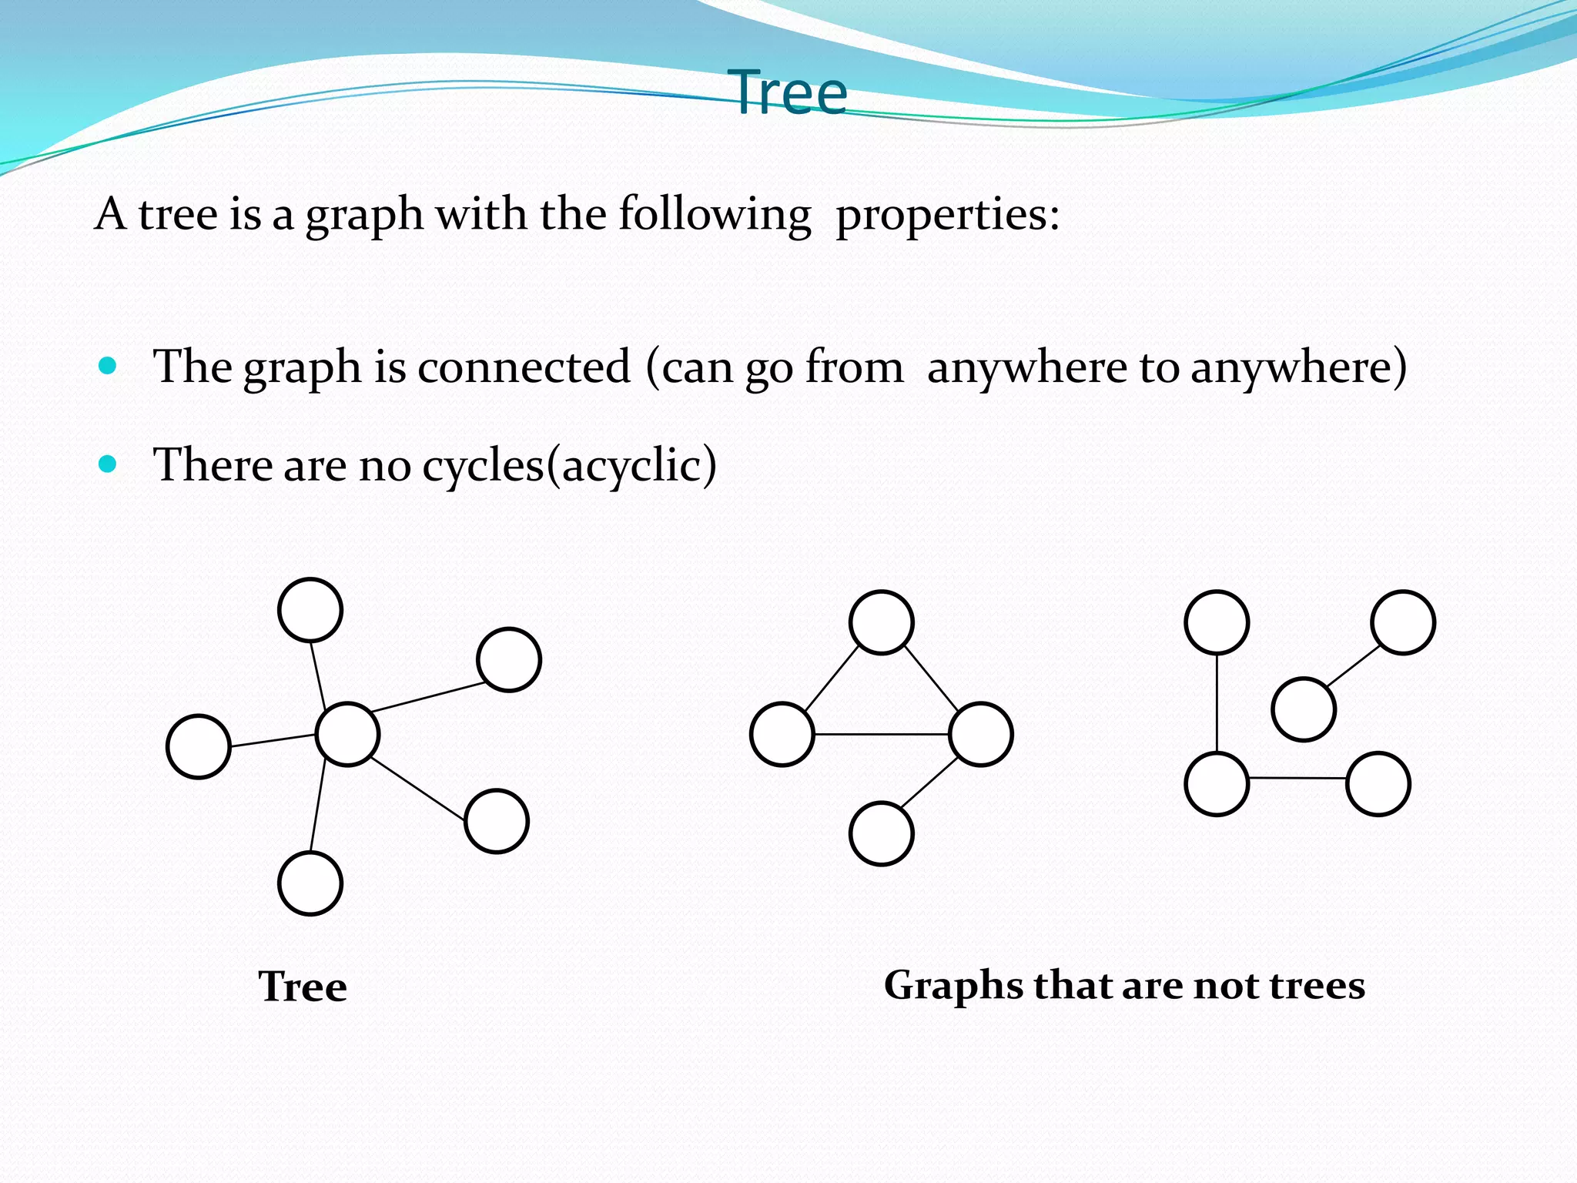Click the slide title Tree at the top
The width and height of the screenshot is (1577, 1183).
click(791, 93)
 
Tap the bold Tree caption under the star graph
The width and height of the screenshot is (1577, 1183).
click(303, 987)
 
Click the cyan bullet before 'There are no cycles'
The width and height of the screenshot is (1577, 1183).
click(108, 464)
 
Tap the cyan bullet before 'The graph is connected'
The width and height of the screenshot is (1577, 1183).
click(108, 365)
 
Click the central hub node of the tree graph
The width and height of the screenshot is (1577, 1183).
click(347, 734)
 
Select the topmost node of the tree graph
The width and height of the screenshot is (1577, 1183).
click(310, 610)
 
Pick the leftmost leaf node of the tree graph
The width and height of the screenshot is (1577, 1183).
click(199, 746)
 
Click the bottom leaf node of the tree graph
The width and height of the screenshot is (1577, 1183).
click(310, 883)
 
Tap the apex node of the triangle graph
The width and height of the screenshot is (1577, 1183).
click(882, 622)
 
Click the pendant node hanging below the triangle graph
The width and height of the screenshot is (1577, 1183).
click(882, 833)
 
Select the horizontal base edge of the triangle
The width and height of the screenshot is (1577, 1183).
click(882, 734)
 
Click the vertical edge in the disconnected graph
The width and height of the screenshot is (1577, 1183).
click(1217, 702)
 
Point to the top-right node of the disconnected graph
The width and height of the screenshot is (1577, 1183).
click(1403, 622)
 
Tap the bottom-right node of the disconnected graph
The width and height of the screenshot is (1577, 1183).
click(1378, 784)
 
